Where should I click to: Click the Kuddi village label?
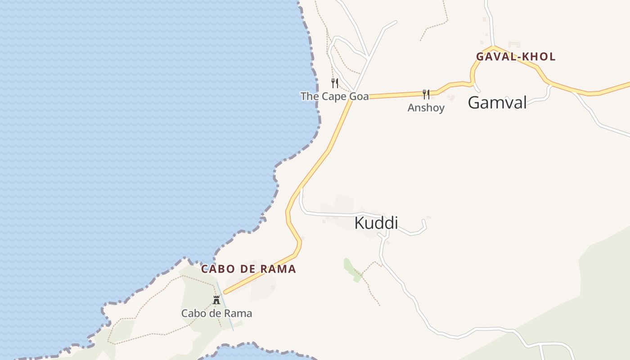pos(376,223)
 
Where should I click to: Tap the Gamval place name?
pos(497,103)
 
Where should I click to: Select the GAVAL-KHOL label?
pos(516,57)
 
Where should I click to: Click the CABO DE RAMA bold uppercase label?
pos(248,269)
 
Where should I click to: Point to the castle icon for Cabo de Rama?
pos(216,300)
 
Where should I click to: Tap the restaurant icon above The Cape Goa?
pos(335,83)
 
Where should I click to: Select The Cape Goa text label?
pos(334,96)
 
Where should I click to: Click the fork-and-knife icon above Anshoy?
pos(426,94)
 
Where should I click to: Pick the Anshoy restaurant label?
pos(426,108)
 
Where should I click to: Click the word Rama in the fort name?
pos(242,313)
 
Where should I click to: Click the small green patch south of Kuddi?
pos(351,269)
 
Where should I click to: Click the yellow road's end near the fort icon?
pos(225,292)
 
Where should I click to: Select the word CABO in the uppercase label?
pos(215,269)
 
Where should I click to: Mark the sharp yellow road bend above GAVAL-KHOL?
pos(494,47)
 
